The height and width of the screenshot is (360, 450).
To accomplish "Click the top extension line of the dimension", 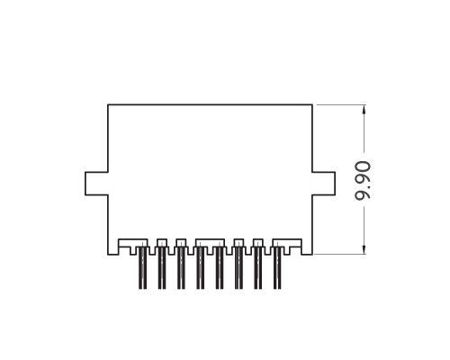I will coord(342,105).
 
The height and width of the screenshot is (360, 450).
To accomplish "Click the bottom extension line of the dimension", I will coord(342,254).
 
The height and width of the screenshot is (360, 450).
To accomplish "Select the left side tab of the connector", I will coord(96,182).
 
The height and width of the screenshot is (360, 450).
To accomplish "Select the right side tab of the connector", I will coord(323,182).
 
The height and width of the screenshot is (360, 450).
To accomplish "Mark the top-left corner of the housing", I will coord(109,105).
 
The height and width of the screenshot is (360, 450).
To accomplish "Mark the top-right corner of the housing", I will coord(311,105).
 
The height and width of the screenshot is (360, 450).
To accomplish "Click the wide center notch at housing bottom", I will coord(210,243).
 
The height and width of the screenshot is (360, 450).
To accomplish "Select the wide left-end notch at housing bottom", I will coord(133,243).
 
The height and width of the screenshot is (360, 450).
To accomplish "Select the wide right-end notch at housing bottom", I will coord(287,243).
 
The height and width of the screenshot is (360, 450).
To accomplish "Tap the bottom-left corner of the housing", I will coord(109,254).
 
